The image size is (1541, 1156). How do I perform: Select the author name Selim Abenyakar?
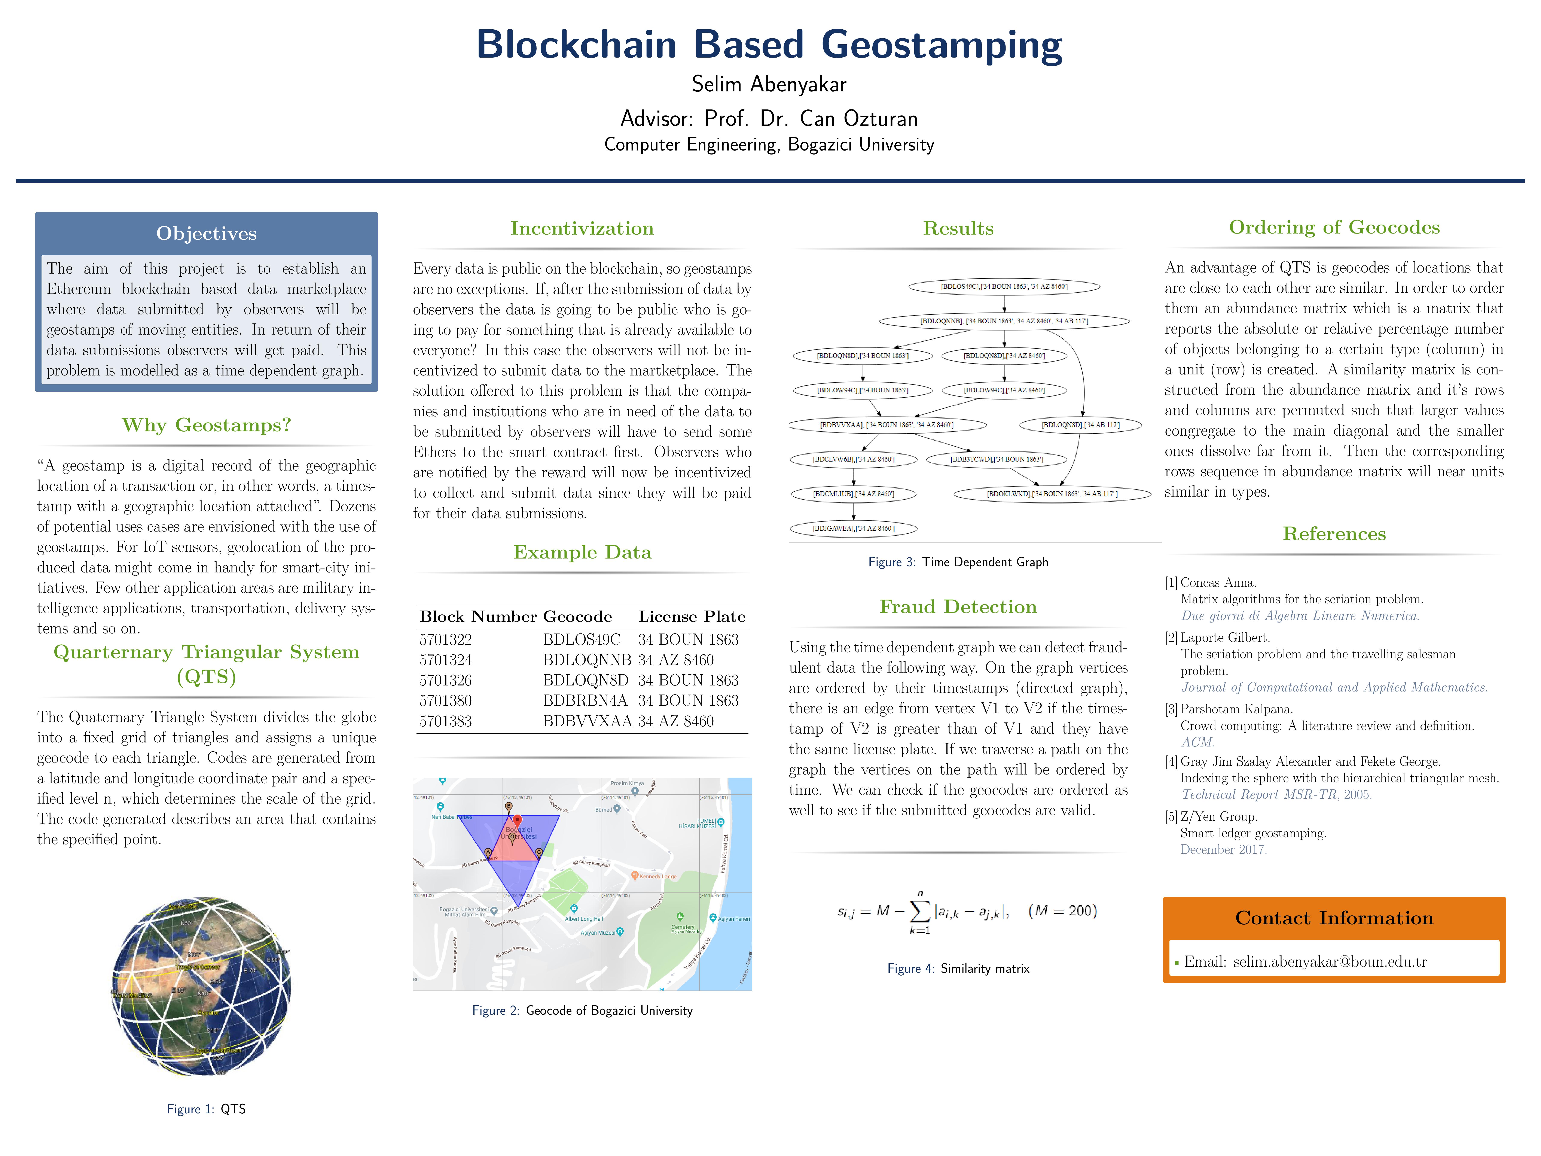point(769,84)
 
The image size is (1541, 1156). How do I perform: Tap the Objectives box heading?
point(206,233)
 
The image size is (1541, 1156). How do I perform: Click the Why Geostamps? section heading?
point(206,425)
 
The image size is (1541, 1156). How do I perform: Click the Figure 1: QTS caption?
point(206,1109)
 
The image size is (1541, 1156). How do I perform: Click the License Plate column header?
point(691,617)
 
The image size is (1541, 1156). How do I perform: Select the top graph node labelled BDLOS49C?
point(1004,286)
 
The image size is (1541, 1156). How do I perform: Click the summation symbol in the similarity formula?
point(920,910)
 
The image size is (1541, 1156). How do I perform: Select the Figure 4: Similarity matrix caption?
point(958,968)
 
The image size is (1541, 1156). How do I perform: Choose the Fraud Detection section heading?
point(958,607)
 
